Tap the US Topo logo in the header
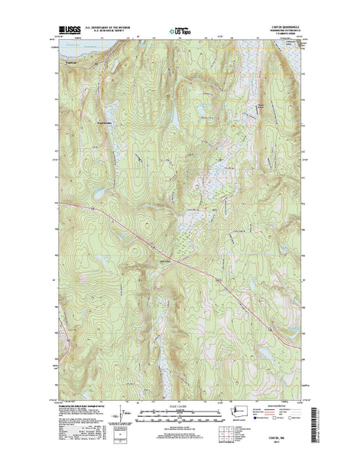coord(180,27)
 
